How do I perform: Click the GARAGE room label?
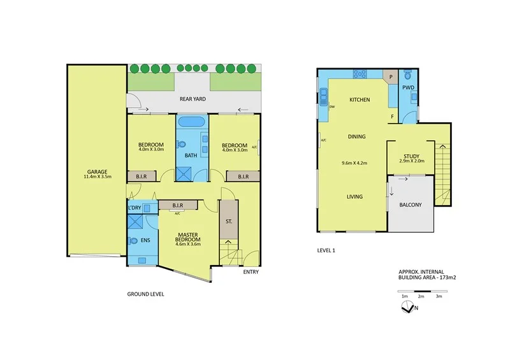tap(97, 171)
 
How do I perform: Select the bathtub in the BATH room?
tap(191, 122)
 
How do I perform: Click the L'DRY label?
tap(134, 208)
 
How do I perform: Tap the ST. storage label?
tap(228, 222)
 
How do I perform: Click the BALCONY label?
tap(411, 205)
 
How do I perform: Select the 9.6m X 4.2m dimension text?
tap(355, 162)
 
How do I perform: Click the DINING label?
tap(356, 136)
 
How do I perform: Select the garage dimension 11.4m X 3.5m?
tap(97, 177)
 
